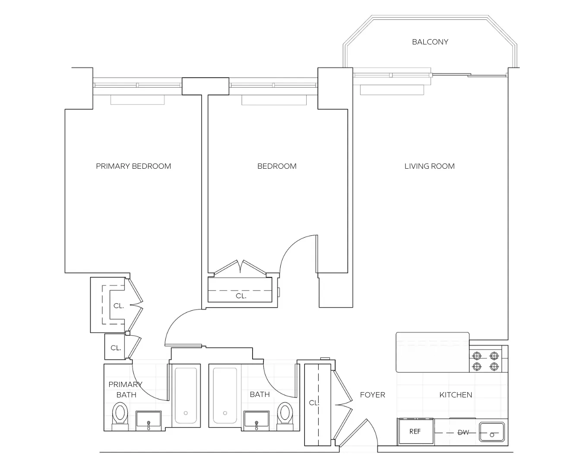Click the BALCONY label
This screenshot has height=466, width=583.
[x=430, y=42]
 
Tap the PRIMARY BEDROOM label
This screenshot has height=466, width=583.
[x=133, y=166]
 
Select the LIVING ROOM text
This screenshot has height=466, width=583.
[x=429, y=166]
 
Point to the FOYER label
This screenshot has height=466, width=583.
[x=372, y=395]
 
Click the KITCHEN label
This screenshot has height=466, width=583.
[x=456, y=395]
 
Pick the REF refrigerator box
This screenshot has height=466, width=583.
[x=415, y=431]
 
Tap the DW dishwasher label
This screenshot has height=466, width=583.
[x=463, y=432]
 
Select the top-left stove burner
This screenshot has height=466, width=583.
[x=477, y=356]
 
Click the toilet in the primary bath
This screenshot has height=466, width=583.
[x=120, y=414]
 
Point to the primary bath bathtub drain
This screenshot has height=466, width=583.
[x=186, y=413]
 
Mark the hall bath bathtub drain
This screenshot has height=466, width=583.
[x=225, y=413]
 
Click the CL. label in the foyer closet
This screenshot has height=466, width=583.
[x=314, y=403]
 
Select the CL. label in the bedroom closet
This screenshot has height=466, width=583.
[x=241, y=296]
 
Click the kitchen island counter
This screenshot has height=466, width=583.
[x=432, y=352]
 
